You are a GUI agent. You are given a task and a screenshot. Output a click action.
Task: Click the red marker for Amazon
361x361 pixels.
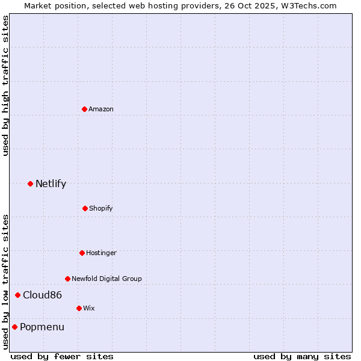point(85,109)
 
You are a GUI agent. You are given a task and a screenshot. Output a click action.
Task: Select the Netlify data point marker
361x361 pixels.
point(30,184)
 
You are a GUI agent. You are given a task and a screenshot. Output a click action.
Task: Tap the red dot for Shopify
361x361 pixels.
point(85,208)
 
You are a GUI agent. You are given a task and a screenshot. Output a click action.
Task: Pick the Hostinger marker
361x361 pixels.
point(82,253)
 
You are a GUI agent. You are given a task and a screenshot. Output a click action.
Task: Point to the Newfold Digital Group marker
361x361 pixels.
point(67,279)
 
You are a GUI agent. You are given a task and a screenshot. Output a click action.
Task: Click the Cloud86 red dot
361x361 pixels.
point(18,295)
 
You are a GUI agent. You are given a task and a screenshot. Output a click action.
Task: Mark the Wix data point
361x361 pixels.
point(79,308)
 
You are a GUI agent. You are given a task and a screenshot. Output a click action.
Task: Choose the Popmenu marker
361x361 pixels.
point(14,327)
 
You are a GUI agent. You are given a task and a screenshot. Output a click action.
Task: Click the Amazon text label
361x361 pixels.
point(101,109)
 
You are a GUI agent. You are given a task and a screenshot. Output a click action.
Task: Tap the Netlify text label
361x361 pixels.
point(51,184)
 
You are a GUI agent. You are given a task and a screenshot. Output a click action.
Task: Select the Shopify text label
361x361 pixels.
point(101,208)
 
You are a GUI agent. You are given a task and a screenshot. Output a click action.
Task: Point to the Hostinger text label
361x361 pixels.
point(101,253)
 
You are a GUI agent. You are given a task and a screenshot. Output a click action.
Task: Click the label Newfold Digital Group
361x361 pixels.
point(106,279)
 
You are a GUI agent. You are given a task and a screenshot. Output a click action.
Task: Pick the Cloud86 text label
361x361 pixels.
point(42,295)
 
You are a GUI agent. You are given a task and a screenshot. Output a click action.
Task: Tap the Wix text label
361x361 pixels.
point(89,308)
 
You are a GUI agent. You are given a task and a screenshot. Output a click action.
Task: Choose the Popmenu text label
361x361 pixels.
point(42,327)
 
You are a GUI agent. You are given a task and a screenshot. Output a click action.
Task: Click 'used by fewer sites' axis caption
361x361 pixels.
point(62,356)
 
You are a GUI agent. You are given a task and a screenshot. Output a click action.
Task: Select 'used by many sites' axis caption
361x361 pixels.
point(302,356)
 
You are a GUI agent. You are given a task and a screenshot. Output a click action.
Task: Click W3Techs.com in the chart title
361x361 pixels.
point(307,5)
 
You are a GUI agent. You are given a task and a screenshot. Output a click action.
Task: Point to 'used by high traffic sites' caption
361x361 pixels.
point(5,85)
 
